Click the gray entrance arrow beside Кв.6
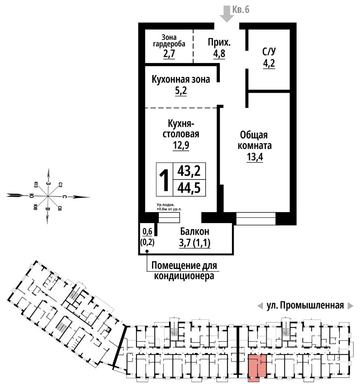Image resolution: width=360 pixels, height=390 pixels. (x=226, y=13)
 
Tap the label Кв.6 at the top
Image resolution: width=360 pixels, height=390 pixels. (x=241, y=9)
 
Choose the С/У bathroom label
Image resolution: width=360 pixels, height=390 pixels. (x=269, y=52)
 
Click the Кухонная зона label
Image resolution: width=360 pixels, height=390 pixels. (x=181, y=79)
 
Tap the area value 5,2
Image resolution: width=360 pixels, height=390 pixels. (x=181, y=91)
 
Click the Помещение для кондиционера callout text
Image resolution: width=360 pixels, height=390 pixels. (x=184, y=271)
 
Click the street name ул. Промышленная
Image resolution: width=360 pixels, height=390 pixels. (x=305, y=305)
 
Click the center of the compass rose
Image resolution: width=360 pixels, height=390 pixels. (x=48, y=196)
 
